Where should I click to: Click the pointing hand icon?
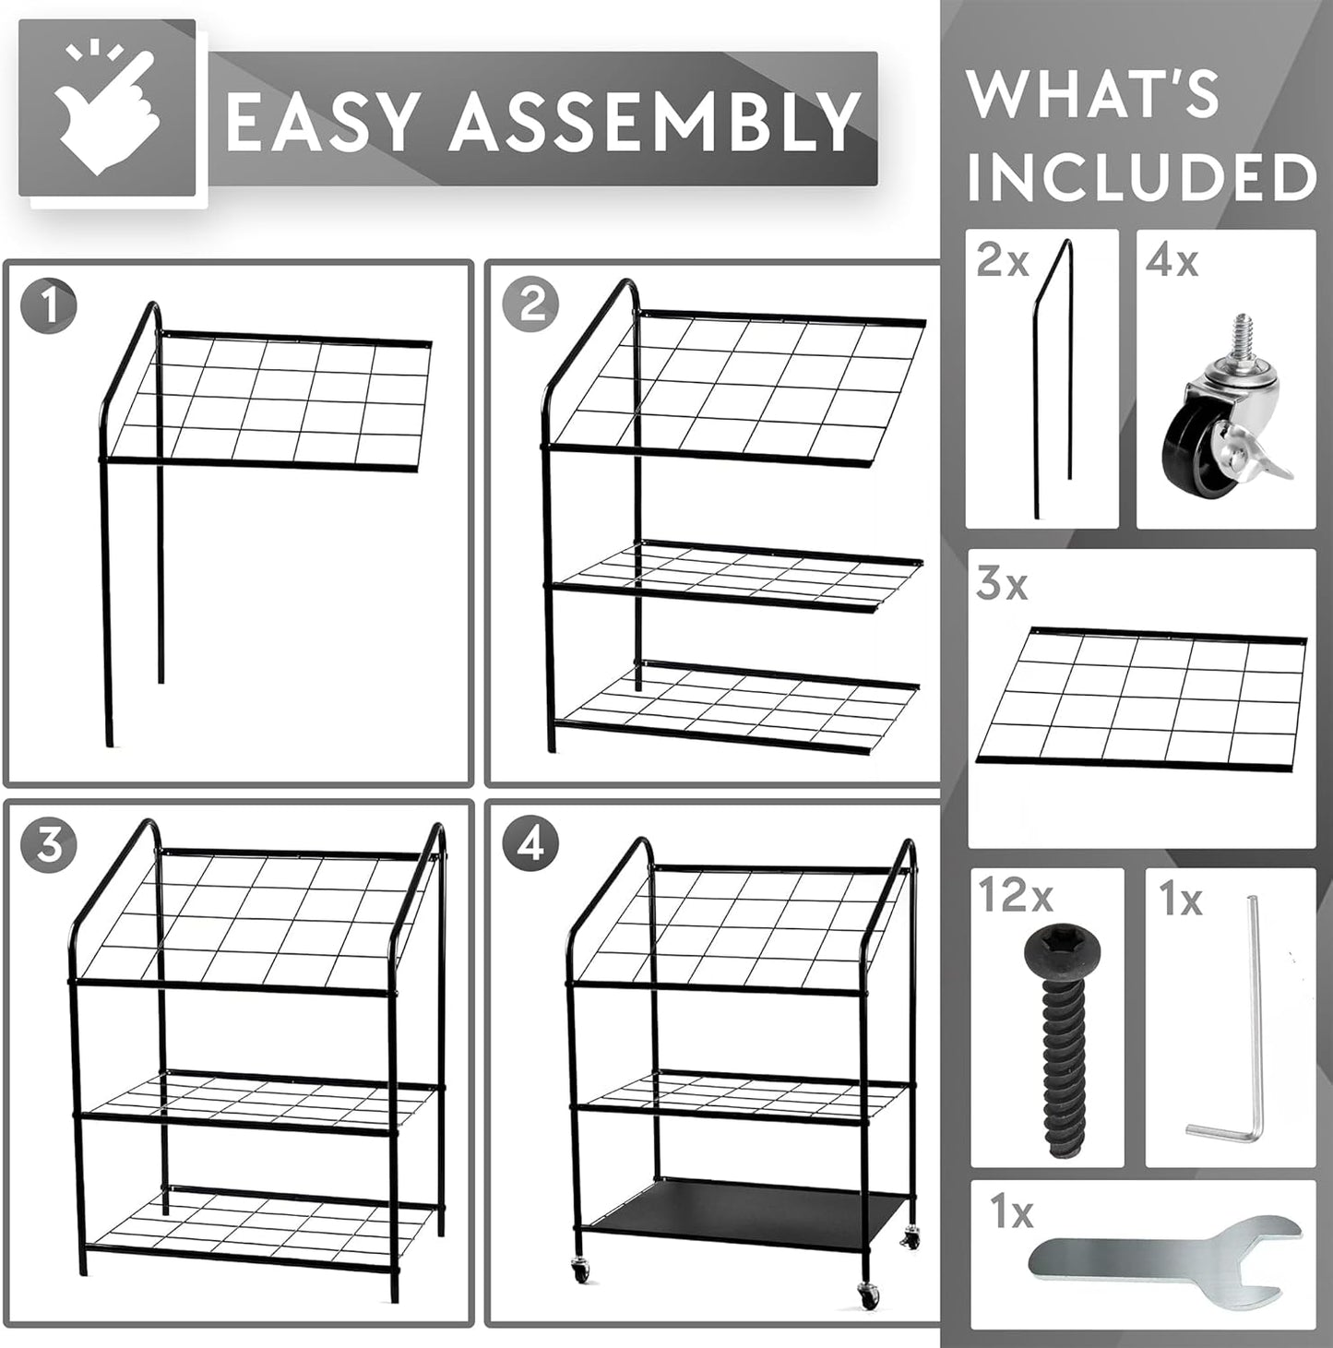pyautogui.click(x=107, y=111)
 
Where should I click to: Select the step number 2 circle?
pyautogui.click(x=531, y=304)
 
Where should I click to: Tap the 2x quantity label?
pyautogui.click(x=1002, y=263)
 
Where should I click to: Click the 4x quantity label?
pyautogui.click(x=1172, y=262)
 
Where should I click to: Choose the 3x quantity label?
pyautogui.click(x=1002, y=585)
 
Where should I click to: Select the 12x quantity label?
pyautogui.click(x=1015, y=896)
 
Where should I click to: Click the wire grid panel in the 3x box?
pyautogui.click(x=1144, y=697)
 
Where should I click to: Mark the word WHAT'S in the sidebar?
pyautogui.click(x=1092, y=94)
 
